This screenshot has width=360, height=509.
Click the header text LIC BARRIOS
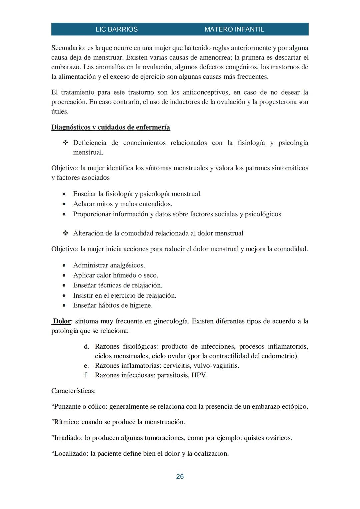[x=116, y=29]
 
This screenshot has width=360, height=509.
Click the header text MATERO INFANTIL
[x=234, y=29]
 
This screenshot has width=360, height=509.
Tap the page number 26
[x=180, y=477]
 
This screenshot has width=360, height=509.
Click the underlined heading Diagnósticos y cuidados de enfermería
[x=111, y=127]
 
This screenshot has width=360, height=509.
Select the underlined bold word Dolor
[x=62, y=321]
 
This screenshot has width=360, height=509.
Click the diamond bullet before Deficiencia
[x=65, y=143]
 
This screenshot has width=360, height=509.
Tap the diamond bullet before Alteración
[x=65, y=233]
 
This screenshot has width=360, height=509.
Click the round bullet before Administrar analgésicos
[x=64, y=266]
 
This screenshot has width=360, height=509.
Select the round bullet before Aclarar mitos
[x=64, y=204]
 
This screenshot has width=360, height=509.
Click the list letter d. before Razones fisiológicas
[x=87, y=347]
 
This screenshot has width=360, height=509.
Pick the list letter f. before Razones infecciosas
[x=86, y=375]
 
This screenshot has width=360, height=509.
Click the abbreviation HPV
[x=199, y=375]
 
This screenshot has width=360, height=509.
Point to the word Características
[x=73, y=391]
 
